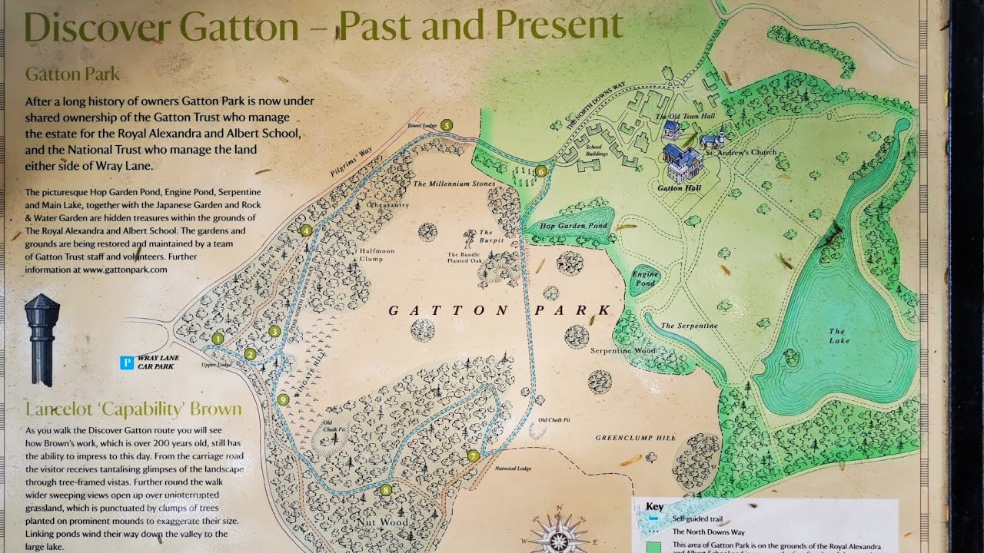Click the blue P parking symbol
coord(127,362)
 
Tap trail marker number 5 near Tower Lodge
coord(446,125)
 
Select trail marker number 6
coord(541,171)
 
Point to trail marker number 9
coord(283,399)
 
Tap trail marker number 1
coord(218,339)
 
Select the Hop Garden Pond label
coord(573,226)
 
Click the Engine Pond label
coord(645,278)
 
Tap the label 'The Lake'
coord(838,336)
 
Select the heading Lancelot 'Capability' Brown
coord(133,409)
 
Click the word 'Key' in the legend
coord(654,507)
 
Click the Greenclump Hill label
coord(635,438)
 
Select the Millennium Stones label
coord(454,184)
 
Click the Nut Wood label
coord(382,522)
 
